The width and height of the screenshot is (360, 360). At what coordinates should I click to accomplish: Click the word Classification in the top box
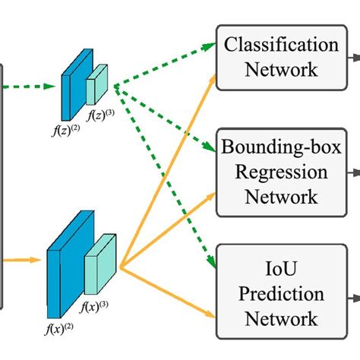pos(281,45)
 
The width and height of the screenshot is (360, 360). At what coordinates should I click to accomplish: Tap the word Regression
pos(281,172)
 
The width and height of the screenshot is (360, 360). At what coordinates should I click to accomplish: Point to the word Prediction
pos(281,293)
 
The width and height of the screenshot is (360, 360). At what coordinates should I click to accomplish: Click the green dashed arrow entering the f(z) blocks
pos(30,87)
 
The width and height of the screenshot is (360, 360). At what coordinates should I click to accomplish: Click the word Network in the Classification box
pos(281,70)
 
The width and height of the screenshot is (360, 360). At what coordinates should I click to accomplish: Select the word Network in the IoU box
pos(281,318)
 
